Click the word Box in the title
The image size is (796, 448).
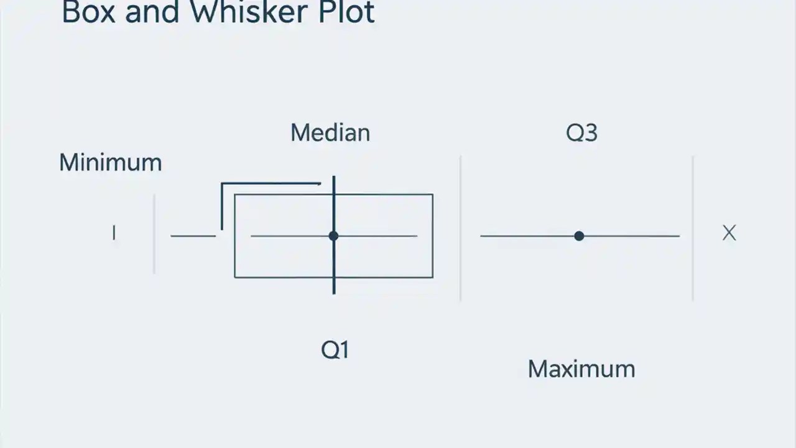click(88, 12)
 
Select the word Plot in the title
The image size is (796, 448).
click(347, 12)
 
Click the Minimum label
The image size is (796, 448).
click(110, 163)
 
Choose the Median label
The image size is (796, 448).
click(330, 133)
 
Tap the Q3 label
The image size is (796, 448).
click(581, 133)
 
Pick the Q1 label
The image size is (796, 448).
click(335, 350)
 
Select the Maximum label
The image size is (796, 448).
click(581, 369)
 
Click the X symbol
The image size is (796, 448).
click(729, 233)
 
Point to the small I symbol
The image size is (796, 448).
click(114, 233)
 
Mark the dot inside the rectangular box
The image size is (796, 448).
click(333, 236)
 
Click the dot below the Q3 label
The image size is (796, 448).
click(579, 236)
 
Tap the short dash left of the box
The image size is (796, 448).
click(193, 236)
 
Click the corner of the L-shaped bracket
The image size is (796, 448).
click(222, 184)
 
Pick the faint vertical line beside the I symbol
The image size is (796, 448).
click(154, 233)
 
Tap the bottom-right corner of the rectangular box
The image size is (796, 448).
click(432, 277)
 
